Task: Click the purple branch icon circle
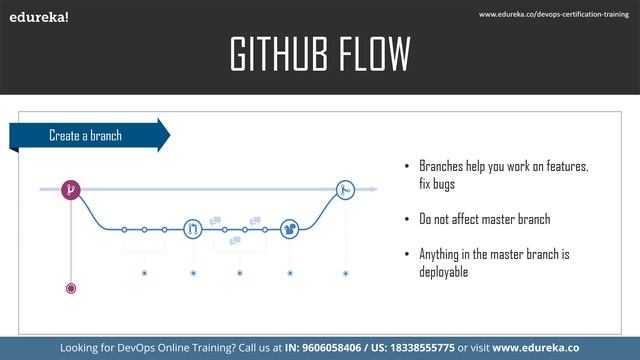[71, 188]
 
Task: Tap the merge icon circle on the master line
[345, 188]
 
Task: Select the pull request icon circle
[193, 229]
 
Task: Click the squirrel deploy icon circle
[290, 229]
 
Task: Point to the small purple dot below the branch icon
[71, 288]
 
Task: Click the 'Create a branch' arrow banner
[88, 135]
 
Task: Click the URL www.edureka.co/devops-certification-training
[556, 14]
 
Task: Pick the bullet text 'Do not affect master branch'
[485, 219]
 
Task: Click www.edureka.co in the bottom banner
[537, 347]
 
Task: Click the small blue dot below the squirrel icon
[290, 271]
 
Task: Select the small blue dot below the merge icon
[345, 271]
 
